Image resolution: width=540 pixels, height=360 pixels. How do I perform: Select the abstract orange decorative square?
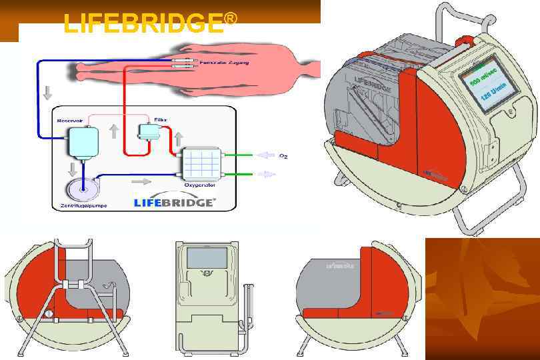(x=482, y=299)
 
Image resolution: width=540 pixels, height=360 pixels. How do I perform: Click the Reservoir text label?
(x=69, y=121)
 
